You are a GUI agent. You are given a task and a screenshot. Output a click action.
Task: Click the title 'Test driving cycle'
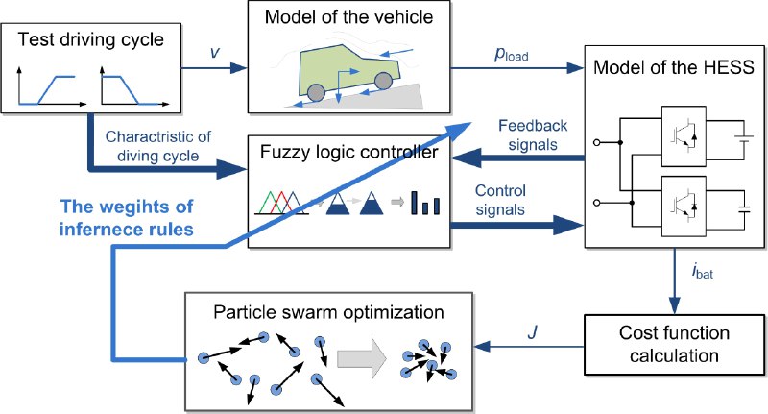tap(90, 39)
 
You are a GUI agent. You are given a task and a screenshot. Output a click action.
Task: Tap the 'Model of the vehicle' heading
tap(348, 17)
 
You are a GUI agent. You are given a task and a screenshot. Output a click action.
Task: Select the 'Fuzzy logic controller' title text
tap(348, 152)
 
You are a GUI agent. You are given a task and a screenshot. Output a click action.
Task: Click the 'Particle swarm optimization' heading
tap(328, 312)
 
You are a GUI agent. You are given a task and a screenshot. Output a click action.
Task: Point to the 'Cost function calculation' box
tap(675, 345)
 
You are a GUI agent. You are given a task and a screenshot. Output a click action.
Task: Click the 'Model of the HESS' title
tap(674, 67)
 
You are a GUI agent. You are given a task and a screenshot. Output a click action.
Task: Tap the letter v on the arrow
tap(214, 52)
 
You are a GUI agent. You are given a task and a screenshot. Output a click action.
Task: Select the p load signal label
tap(512, 55)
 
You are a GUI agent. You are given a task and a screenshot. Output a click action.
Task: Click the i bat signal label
tap(703, 271)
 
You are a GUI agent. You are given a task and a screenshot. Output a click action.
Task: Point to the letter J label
tap(533, 332)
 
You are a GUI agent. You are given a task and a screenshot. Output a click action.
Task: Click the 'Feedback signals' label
tap(533, 135)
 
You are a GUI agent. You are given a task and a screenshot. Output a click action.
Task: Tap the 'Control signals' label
tap(500, 200)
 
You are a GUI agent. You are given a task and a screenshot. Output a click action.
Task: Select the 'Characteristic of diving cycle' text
tap(158, 146)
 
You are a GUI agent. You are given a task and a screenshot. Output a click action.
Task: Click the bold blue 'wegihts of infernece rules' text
tap(127, 217)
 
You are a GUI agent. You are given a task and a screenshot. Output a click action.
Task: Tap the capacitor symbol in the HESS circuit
tap(744, 209)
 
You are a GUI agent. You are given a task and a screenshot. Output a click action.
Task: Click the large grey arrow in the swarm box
tap(362, 358)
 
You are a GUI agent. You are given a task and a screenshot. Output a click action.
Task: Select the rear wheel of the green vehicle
tap(317, 92)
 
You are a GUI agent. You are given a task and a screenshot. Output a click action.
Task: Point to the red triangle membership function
tap(281, 203)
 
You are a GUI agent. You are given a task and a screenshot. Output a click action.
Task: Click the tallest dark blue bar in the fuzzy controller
tap(415, 203)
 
